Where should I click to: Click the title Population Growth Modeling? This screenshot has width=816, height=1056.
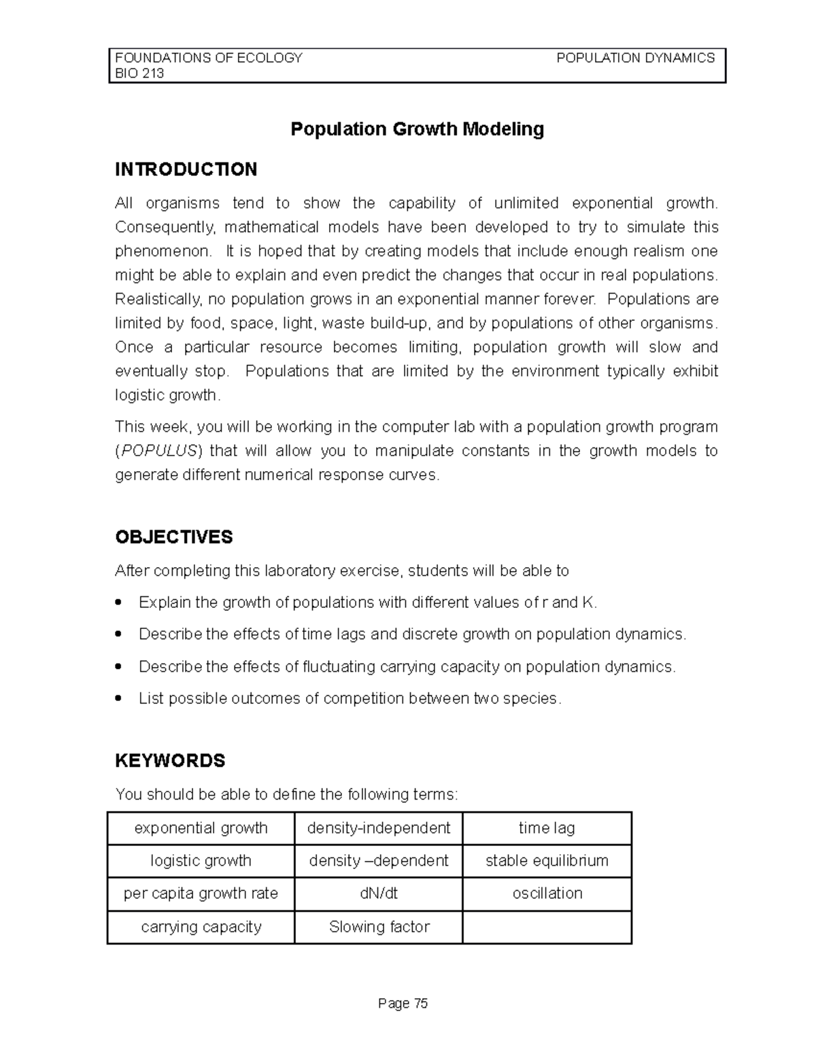pos(417,129)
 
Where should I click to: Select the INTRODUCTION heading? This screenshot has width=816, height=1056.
pos(186,169)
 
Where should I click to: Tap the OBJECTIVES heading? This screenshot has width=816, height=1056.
pos(173,537)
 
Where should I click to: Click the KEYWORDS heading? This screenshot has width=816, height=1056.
pos(170,760)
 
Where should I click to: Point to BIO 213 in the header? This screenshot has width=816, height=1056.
pos(139,74)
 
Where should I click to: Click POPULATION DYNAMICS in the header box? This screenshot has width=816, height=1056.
pos(635,58)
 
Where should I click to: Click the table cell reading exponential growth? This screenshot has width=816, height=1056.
pos(201,828)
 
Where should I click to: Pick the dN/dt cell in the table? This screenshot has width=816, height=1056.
pos(378,893)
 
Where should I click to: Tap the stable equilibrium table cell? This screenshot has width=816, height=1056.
pos(547,861)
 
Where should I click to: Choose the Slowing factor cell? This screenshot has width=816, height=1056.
pos(379,927)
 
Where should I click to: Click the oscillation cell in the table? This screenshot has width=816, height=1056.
pos(547,893)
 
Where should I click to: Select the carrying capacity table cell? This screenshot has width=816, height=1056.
pos(201,927)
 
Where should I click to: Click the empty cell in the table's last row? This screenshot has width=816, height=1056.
pos(547,927)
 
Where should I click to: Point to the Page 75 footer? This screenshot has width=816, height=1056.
pos(403,1004)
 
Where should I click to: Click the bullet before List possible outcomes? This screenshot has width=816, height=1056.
pos(120,698)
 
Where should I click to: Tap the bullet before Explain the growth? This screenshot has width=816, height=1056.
pos(120,602)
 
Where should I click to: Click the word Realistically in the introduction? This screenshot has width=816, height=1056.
pos(158,299)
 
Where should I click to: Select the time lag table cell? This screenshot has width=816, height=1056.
pos(547,828)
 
